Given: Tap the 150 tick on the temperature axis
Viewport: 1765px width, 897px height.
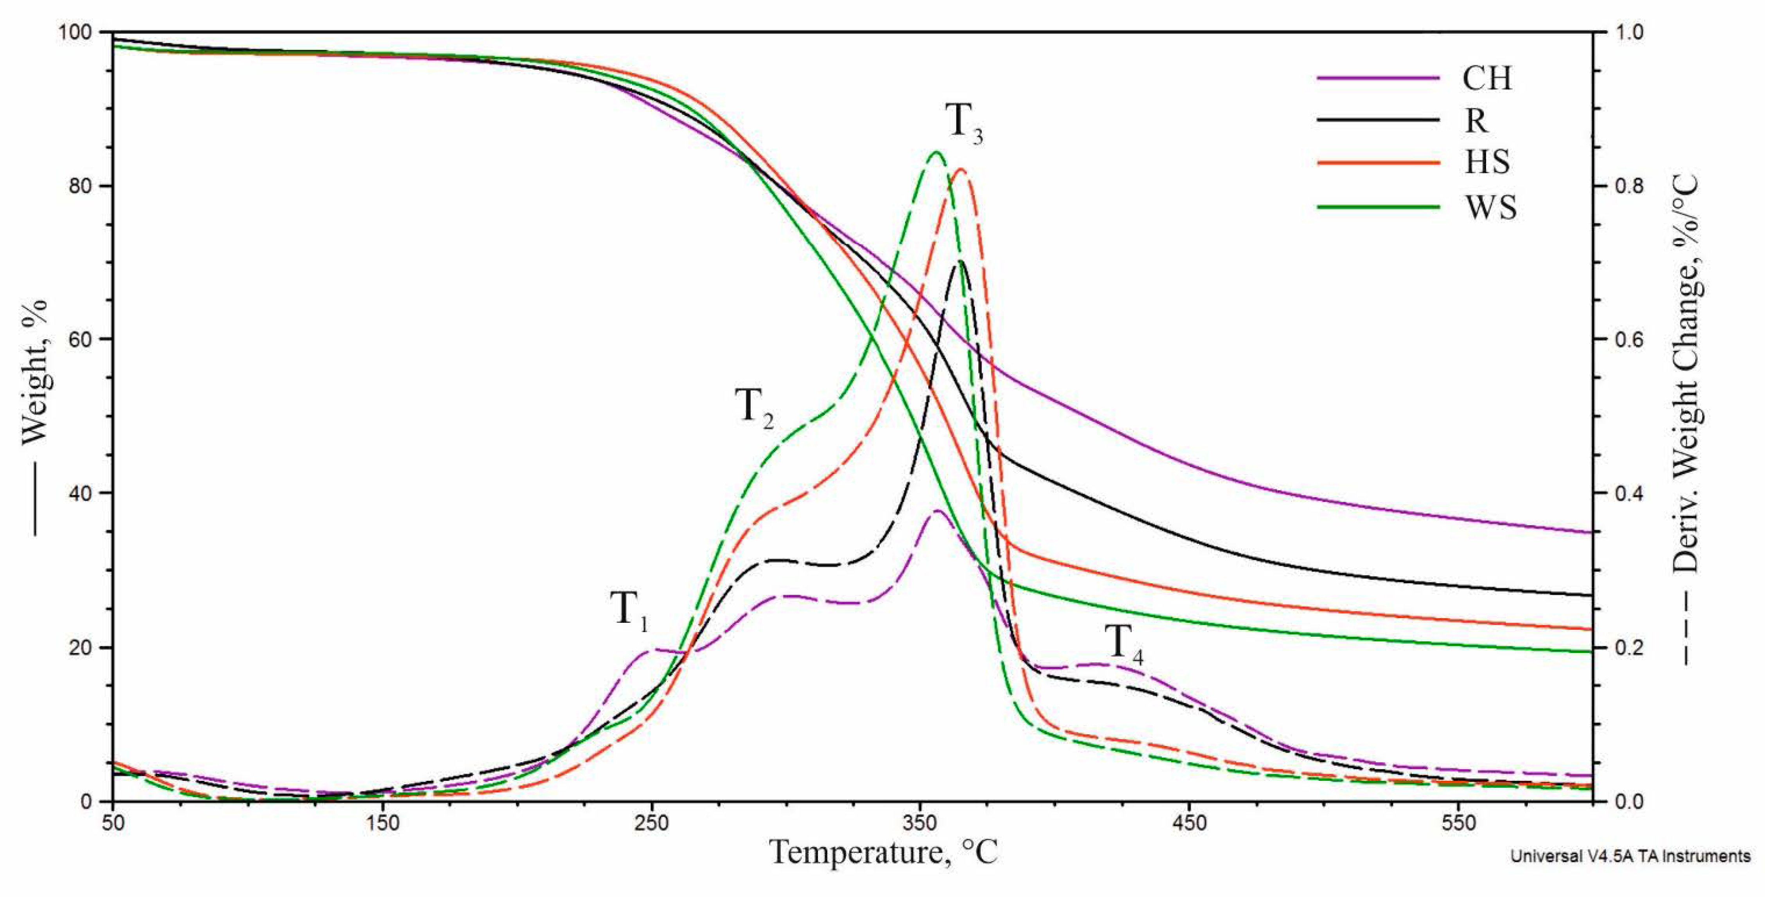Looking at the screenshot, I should (x=382, y=822).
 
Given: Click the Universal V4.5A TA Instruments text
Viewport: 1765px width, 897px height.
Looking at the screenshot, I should (x=1629, y=857).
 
